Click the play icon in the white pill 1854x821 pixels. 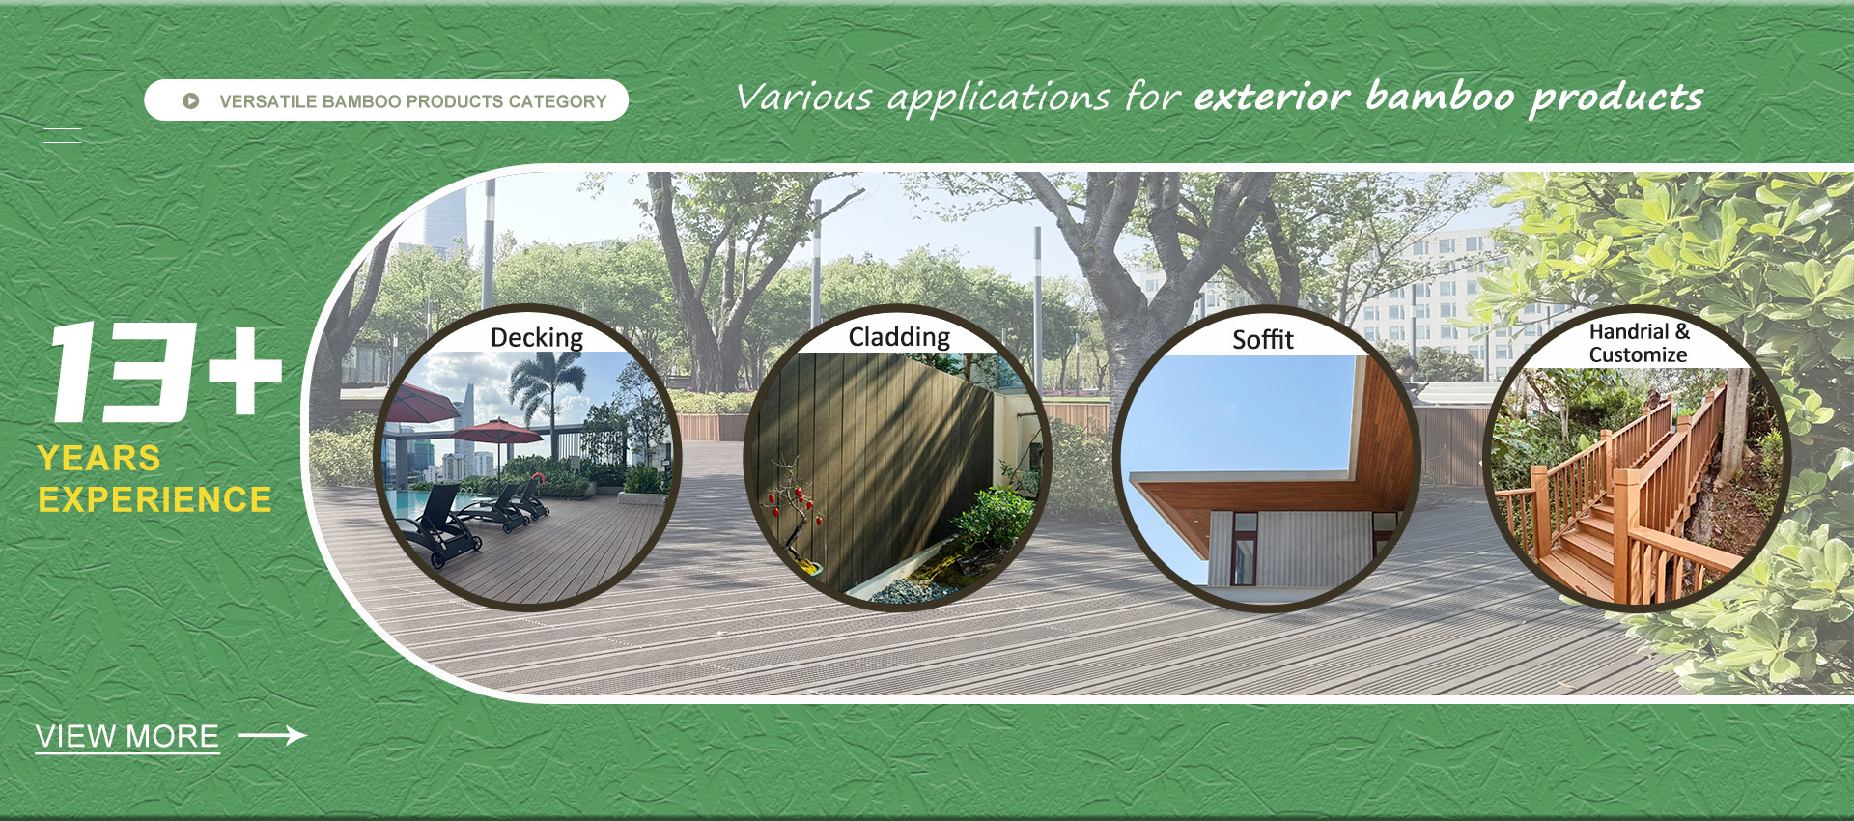191,100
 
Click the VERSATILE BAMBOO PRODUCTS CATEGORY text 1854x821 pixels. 413,101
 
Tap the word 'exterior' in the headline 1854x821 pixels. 1272,97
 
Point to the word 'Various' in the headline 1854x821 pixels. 804,97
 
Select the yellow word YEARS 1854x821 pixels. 99,458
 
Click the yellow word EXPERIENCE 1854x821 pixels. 154,499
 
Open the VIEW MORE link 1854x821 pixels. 127,736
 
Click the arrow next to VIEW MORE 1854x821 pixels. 271,736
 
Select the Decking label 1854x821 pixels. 537,337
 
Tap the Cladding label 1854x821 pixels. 899,337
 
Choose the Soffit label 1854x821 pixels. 1263,340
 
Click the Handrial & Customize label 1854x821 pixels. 1639,343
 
